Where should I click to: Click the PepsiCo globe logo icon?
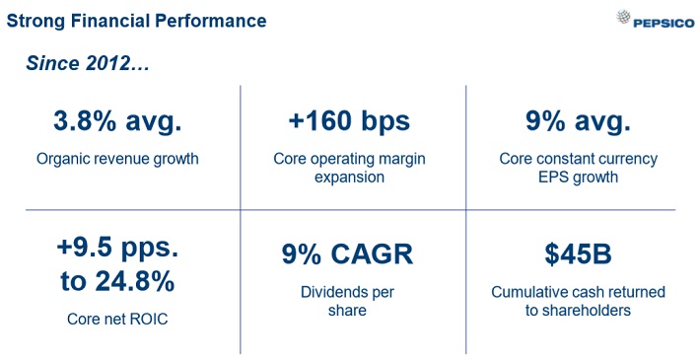[x=623, y=17]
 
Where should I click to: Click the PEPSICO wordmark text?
[x=664, y=24]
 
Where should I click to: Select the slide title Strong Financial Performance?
[x=137, y=21]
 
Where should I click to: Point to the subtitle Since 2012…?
[x=88, y=63]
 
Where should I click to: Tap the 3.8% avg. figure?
[x=118, y=121]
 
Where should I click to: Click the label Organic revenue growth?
[x=117, y=159]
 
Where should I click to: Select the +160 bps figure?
[x=349, y=121]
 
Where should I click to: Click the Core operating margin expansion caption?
[x=349, y=168]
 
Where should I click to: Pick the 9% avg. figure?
[x=578, y=121]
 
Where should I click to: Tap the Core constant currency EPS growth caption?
[x=578, y=168]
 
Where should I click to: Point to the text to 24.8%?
[x=117, y=281]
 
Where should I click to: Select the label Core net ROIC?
[x=117, y=319]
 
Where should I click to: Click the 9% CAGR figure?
[x=347, y=254]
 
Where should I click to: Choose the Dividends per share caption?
[x=347, y=301]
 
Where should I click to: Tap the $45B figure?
[x=578, y=253]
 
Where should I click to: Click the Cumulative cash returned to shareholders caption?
[x=578, y=301]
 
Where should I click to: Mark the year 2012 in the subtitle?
[x=107, y=63]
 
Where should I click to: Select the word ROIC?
[x=150, y=319]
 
